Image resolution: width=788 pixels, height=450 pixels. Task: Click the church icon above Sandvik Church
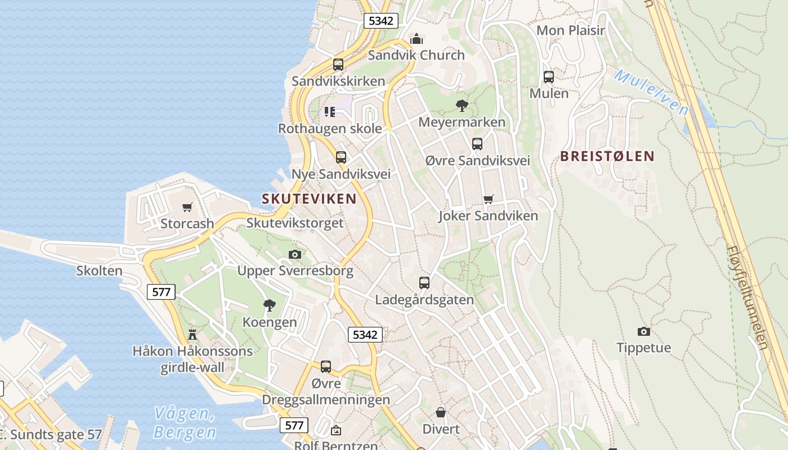pyautogui.click(x=417, y=39)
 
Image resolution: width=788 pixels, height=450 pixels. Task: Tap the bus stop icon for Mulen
pyautogui.click(x=548, y=77)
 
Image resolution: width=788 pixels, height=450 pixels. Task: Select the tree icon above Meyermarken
pyautogui.click(x=462, y=105)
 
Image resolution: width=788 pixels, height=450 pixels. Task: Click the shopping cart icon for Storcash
pyautogui.click(x=187, y=207)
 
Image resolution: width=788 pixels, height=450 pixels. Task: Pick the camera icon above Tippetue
pyautogui.click(x=643, y=331)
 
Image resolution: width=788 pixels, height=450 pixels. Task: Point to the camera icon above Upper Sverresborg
pyautogui.click(x=295, y=254)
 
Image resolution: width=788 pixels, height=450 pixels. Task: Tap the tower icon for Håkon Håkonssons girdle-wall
pyautogui.click(x=192, y=335)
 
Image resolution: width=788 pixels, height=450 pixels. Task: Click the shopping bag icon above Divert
pyautogui.click(x=441, y=412)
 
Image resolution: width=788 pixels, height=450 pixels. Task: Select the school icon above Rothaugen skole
pyautogui.click(x=330, y=112)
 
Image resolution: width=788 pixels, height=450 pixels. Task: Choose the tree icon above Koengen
pyautogui.click(x=270, y=305)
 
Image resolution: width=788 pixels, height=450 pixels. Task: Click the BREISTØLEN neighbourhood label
pyautogui.click(x=607, y=156)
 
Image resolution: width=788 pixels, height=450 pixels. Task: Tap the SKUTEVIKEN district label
pyautogui.click(x=309, y=199)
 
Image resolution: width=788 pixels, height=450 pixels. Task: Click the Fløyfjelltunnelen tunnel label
pyautogui.click(x=747, y=296)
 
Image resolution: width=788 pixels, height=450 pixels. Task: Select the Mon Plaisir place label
pyautogui.click(x=570, y=30)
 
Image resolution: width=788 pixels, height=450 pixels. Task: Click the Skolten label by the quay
pyautogui.click(x=100, y=271)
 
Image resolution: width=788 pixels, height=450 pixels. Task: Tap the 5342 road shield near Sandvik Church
pyautogui.click(x=380, y=21)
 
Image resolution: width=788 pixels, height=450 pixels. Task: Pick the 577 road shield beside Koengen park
pyautogui.click(x=161, y=291)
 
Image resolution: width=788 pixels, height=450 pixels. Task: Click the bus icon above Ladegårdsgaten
pyautogui.click(x=424, y=283)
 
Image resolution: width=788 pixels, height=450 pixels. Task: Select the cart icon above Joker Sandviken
pyautogui.click(x=489, y=199)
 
